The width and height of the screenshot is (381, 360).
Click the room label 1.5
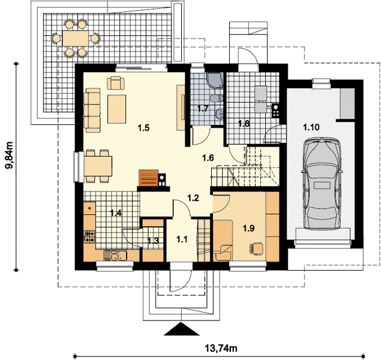tap(143, 128)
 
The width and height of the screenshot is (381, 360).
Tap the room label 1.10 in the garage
tap(311, 127)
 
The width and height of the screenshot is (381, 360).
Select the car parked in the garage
tap(322, 184)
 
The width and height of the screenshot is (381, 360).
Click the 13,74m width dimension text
tap(221, 349)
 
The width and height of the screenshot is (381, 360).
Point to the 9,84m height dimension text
tap(10, 155)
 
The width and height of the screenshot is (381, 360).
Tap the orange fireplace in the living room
tap(148, 178)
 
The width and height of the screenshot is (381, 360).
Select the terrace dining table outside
tap(76, 38)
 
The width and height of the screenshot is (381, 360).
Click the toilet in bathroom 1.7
tap(216, 98)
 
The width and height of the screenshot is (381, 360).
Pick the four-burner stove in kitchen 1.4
tap(89, 236)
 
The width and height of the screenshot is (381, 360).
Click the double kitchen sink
tap(115, 256)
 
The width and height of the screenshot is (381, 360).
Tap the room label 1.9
tap(248, 228)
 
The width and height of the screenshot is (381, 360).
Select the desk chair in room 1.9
tap(256, 248)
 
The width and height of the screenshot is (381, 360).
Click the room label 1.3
tap(153, 241)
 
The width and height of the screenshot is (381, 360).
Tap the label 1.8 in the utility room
tap(244, 124)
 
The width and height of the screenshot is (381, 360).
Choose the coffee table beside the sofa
tap(117, 109)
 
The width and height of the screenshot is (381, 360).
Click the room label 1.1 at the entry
tap(182, 239)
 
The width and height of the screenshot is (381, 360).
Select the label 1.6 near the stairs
tap(208, 158)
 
